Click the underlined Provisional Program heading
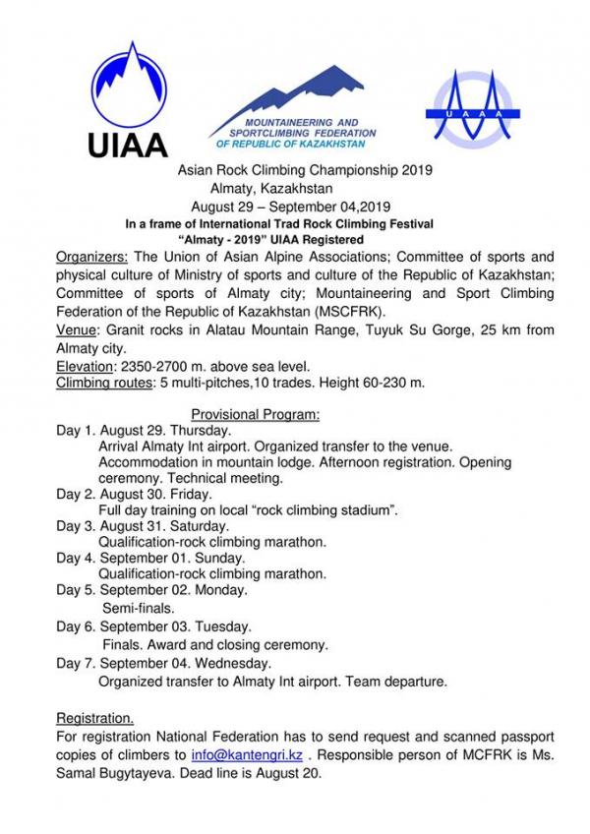coord(255,415)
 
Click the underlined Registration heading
coord(95,717)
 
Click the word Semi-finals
coord(139,608)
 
